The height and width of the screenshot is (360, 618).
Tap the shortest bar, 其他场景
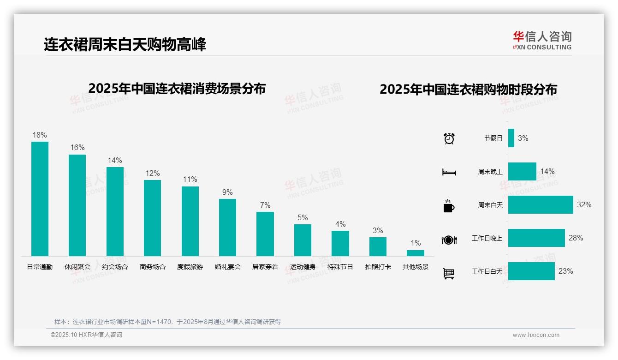pyautogui.click(x=415, y=253)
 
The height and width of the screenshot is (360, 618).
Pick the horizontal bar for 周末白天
pyautogui.click(x=541, y=204)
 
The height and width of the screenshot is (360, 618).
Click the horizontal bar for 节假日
pyautogui.click(x=511, y=138)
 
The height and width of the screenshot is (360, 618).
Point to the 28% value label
pyautogui.click(x=576, y=238)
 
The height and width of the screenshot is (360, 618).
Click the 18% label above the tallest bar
pyautogui.click(x=40, y=135)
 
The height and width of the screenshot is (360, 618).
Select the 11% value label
pyautogui.click(x=190, y=179)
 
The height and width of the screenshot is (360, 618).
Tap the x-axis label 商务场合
pyautogui.click(x=153, y=267)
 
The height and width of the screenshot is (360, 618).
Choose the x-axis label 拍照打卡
pyautogui.click(x=378, y=267)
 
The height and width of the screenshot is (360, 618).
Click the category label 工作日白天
pyautogui.click(x=487, y=271)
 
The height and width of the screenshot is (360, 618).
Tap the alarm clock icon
pyautogui.click(x=449, y=138)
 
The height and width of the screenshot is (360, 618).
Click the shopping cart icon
pyautogui.click(x=449, y=273)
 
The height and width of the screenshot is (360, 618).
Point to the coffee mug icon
pyautogui.click(x=449, y=206)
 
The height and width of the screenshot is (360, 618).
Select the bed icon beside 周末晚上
pyautogui.click(x=449, y=172)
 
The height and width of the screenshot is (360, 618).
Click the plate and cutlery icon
pyautogui.click(x=449, y=240)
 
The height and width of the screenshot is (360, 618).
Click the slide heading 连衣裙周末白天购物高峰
pyautogui.click(x=125, y=44)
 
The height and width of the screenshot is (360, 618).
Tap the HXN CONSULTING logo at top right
pyautogui.click(x=542, y=40)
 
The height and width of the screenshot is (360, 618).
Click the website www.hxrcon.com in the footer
pyautogui.click(x=536, y=335)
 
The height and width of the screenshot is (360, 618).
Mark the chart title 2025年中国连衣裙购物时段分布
pyautogui.click(x=468, y=89)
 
